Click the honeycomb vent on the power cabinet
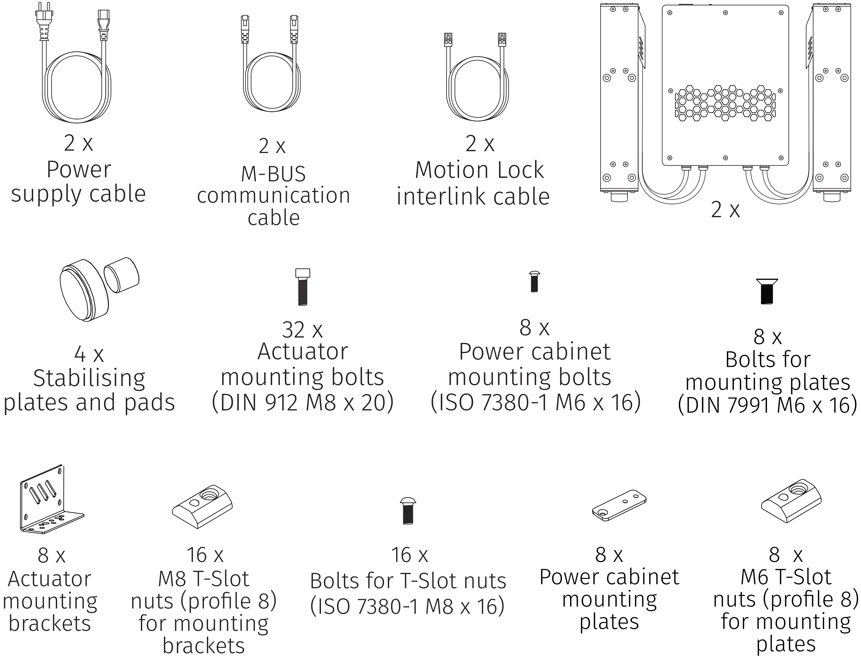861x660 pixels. tap(725, 102)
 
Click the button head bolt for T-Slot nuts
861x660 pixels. tap(408, 511)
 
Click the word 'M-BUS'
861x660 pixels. tap(273, 174)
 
